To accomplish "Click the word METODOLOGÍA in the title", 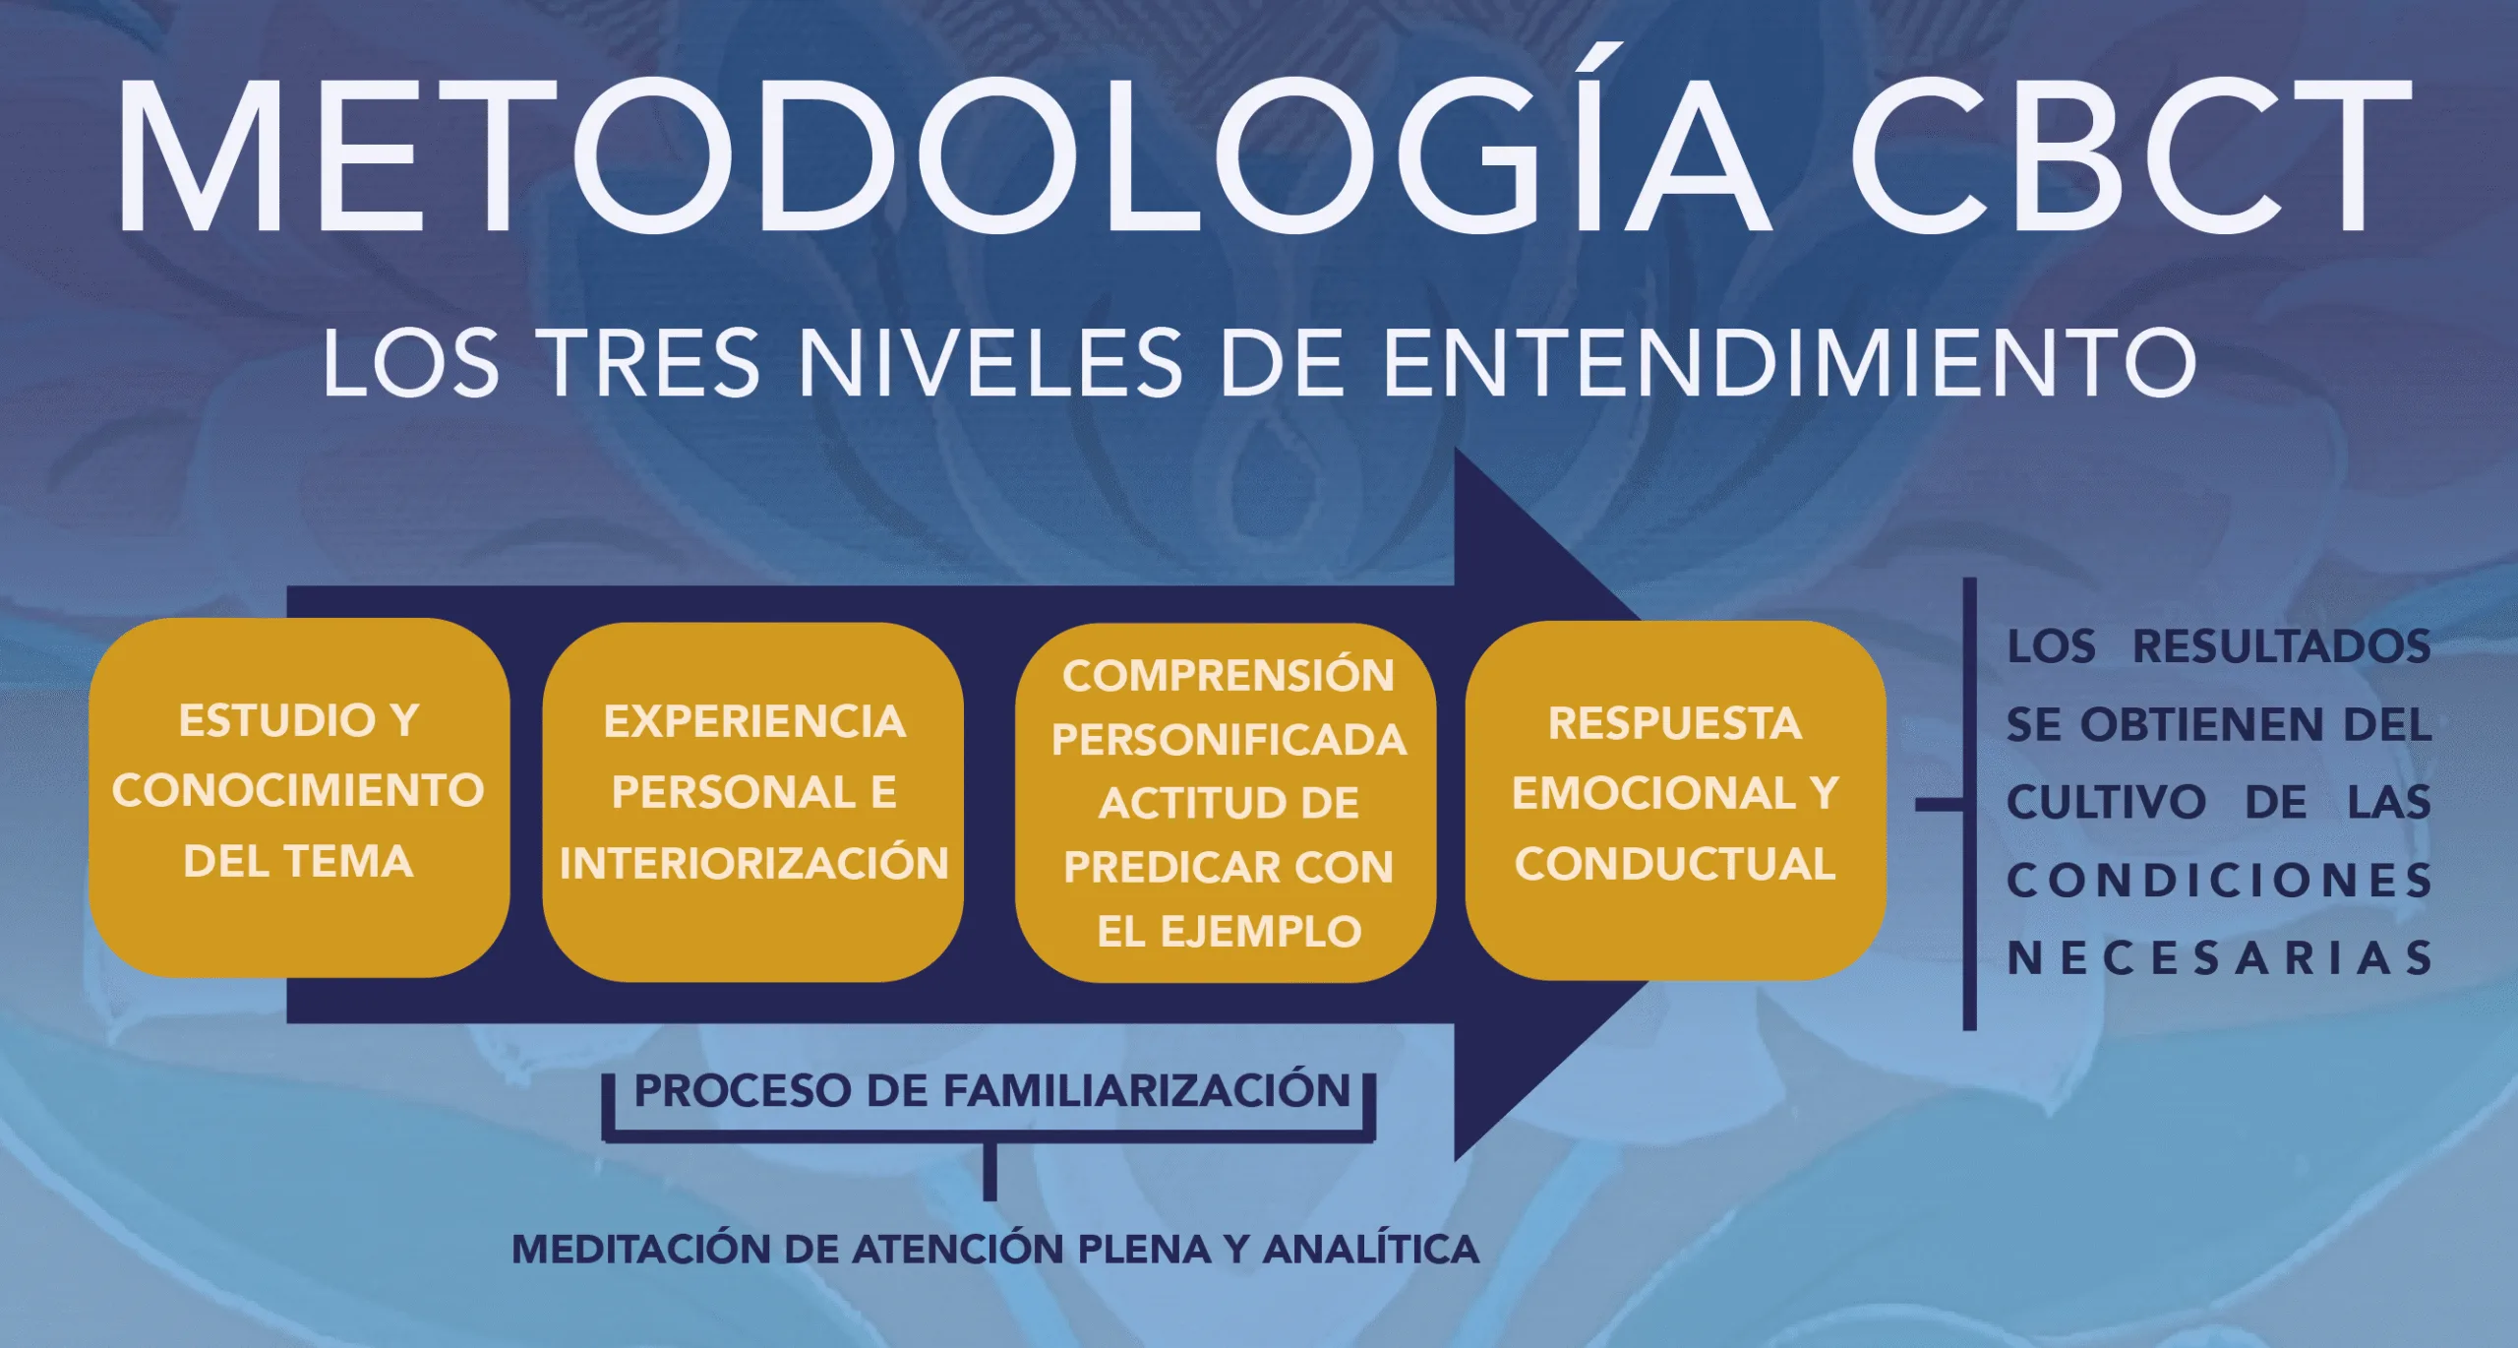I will coord(944,157).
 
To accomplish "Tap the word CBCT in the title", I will coord(2129,157).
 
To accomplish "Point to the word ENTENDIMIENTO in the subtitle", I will coord(1790,363).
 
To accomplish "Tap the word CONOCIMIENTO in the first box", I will coord(298,791).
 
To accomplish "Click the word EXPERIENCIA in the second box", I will coord(754,722).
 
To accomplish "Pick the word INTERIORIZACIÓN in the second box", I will coord(754,864).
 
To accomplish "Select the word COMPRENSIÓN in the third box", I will coord(1229,676).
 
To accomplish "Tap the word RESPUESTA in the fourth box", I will coord(1675,724).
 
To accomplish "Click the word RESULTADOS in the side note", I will coord(2281,646).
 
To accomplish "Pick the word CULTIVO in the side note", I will coord(2106,803).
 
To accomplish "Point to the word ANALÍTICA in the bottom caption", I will coord(1371,1250).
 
